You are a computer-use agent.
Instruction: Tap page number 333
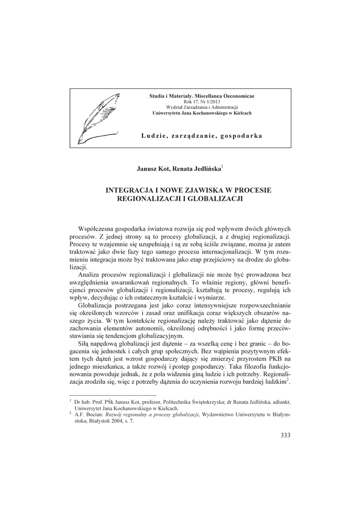pos(285,435)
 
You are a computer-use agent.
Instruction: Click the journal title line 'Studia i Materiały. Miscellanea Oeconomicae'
pos(202,95)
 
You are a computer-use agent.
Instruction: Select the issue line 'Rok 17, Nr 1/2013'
pos(202,101)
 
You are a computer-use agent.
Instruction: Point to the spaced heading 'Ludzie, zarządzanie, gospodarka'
pos(202,136)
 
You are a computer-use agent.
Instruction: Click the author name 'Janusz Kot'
pos(152,169)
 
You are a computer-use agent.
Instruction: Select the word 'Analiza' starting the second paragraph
pos(90,275)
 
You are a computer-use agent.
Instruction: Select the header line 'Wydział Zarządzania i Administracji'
pos(202,107)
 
